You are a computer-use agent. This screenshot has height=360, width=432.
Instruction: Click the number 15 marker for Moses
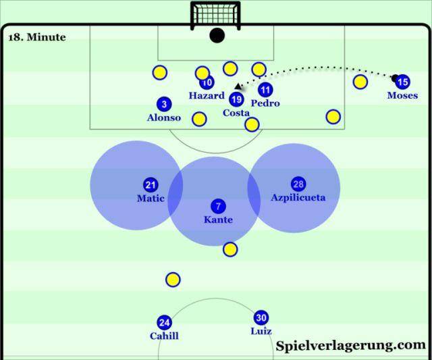(402, 82)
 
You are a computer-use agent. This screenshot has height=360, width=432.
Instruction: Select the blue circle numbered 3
(164, 104)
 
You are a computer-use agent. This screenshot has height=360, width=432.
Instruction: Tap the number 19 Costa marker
(236, 99)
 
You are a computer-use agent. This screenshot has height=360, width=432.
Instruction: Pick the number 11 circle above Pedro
(265, 90)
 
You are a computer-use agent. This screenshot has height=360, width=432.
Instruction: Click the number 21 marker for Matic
(151, 184)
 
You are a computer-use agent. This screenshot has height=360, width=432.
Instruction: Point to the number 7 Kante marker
(218, 206)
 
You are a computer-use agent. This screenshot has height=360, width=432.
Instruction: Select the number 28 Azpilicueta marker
(298, 184)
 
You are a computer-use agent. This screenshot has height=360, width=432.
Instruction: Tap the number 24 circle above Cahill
(164, 322)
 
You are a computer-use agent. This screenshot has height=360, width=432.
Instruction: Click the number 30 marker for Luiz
(261, 317)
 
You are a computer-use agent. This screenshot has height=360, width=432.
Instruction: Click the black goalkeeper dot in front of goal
(217, 35)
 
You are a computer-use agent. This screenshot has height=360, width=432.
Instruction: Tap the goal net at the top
(215, 15)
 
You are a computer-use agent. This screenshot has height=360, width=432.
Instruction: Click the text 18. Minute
(37, 37)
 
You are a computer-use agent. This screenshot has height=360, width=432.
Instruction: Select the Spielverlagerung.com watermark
(351, 346)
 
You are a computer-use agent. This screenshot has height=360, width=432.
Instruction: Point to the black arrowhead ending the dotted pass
(238, 86)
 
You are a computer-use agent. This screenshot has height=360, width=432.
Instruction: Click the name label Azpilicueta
(298, 198)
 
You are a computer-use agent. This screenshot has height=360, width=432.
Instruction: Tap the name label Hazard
(207, 96)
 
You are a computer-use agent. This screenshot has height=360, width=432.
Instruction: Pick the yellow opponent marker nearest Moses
(360, 82)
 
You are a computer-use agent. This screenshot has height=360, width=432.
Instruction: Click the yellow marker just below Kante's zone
(230, 249)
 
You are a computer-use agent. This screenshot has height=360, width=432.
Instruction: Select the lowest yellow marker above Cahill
(173, 280)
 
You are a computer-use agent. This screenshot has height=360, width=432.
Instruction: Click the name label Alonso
(164, 118)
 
